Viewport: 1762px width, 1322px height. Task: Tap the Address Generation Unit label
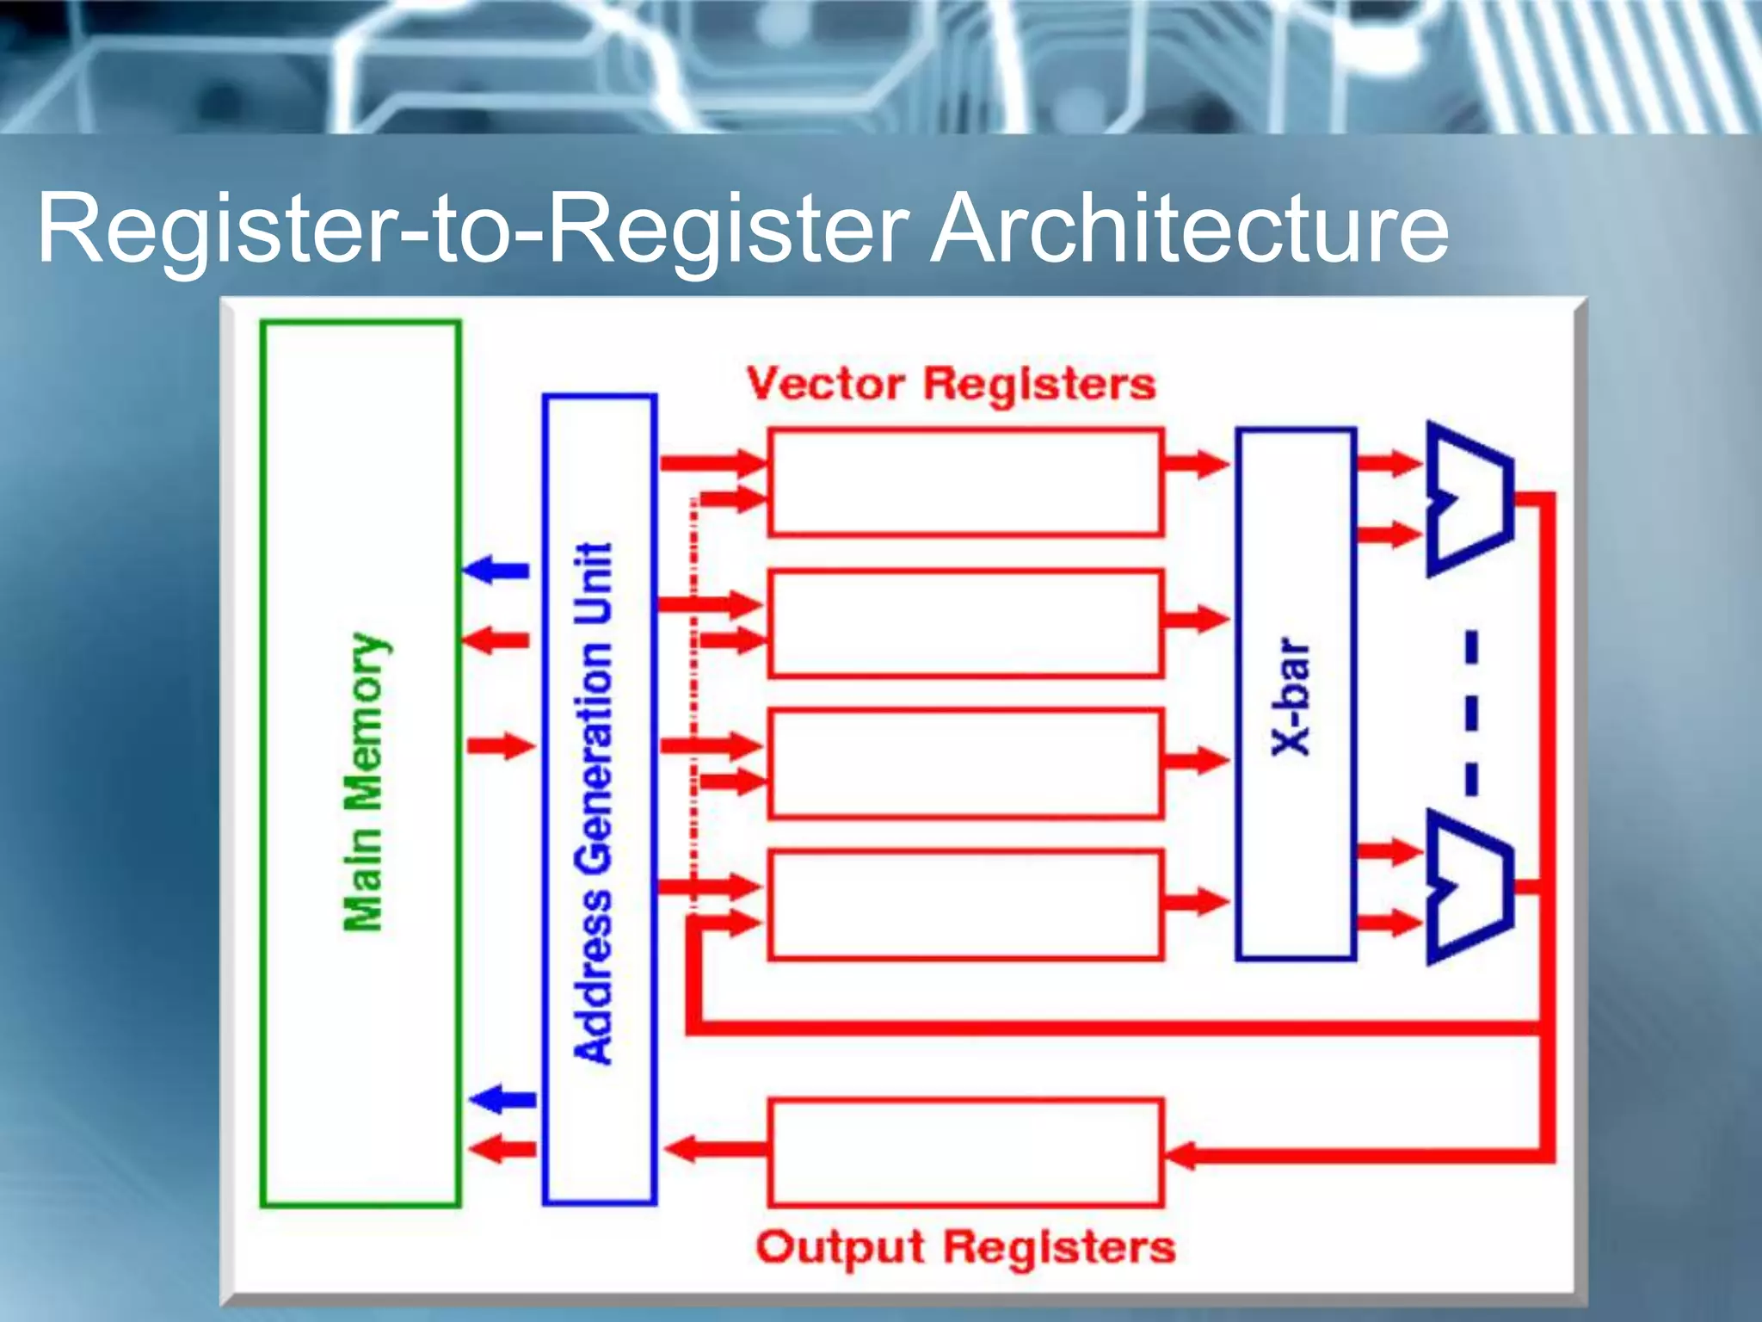point(594,803)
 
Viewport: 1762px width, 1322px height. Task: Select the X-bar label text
point(1291,696)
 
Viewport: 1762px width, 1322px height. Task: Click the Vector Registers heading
point(951,384)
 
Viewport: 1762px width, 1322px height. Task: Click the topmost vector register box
point(965,483)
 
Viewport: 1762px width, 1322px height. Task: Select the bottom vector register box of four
point(965,904)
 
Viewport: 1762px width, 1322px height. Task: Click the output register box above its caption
point(965,1152)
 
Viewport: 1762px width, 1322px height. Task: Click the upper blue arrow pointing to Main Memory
point(496,569)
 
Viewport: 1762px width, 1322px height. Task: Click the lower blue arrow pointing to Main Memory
point(503,1099)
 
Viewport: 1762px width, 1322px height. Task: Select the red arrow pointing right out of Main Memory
point(500,745)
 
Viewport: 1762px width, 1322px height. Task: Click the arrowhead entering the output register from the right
point(1180,1155)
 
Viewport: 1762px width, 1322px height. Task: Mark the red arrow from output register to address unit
point(714,1148)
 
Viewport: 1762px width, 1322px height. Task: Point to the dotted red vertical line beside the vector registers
point(693,706)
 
